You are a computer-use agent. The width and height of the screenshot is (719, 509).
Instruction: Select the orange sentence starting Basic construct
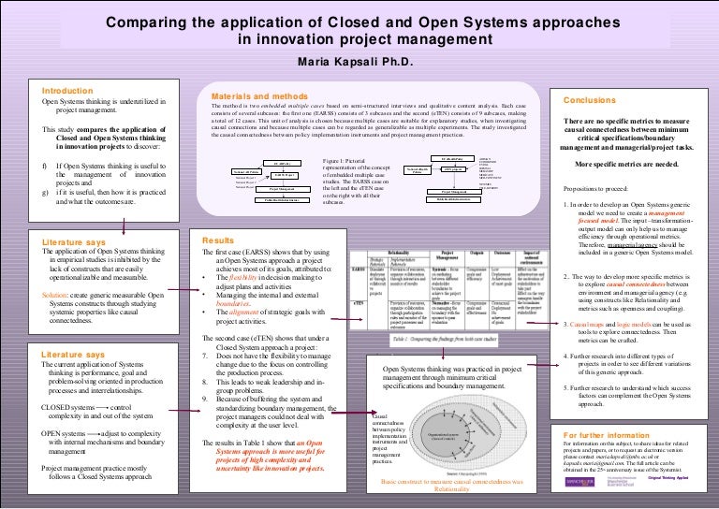tap(450, 484)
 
